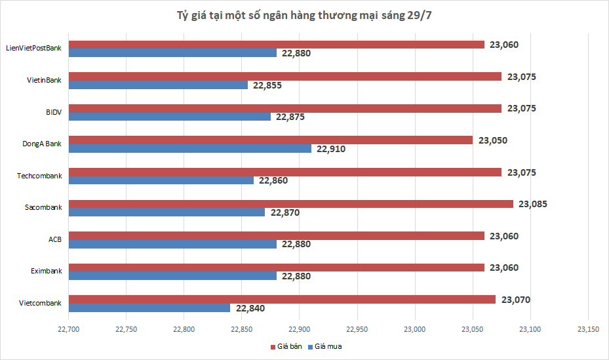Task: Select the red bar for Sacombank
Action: [x=291, y=204]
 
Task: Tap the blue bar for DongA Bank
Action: [x=190, y=148]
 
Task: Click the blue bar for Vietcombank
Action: [x=149, y=308]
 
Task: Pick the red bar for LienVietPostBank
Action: [x=277, y=45]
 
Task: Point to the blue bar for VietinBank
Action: [x=158, y=85]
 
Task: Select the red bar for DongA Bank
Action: [x=271, y=140]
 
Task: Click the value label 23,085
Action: [x=532, y=204]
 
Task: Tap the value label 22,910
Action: [x=330, y=149]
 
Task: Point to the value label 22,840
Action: [x=250, y=308]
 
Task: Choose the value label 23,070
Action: [x=515, y=300]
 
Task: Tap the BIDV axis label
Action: [x=53, y=112]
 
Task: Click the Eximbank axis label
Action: [x=46, y=271]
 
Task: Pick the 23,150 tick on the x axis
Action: [x=587, y=329]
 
